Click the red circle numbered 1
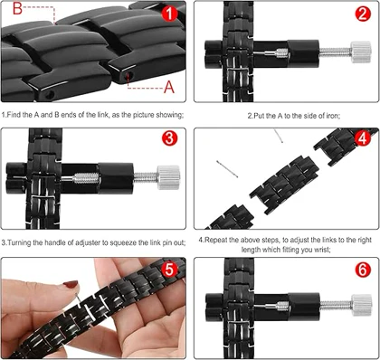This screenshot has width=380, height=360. [x=169, y=14]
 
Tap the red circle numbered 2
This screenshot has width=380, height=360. [x=362, y=14]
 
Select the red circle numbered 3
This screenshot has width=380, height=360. [x=169, y=138]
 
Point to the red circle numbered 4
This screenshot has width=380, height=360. [x=362, y=138]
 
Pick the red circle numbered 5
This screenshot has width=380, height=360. [x=169, y=270]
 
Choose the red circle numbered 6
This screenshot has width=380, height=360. [x=362, y=270]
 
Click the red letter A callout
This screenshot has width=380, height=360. [x=169, y=88]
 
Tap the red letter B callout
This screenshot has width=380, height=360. [x=17, y=9]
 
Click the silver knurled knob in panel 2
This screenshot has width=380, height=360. [x=361, y=52]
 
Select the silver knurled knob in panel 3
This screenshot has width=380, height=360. [x=169, y=177]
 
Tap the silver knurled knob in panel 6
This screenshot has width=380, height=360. [x=361, y=305]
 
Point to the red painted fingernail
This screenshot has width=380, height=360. [x=71, y=284]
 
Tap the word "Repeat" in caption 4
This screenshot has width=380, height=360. [x=216, y=241]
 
